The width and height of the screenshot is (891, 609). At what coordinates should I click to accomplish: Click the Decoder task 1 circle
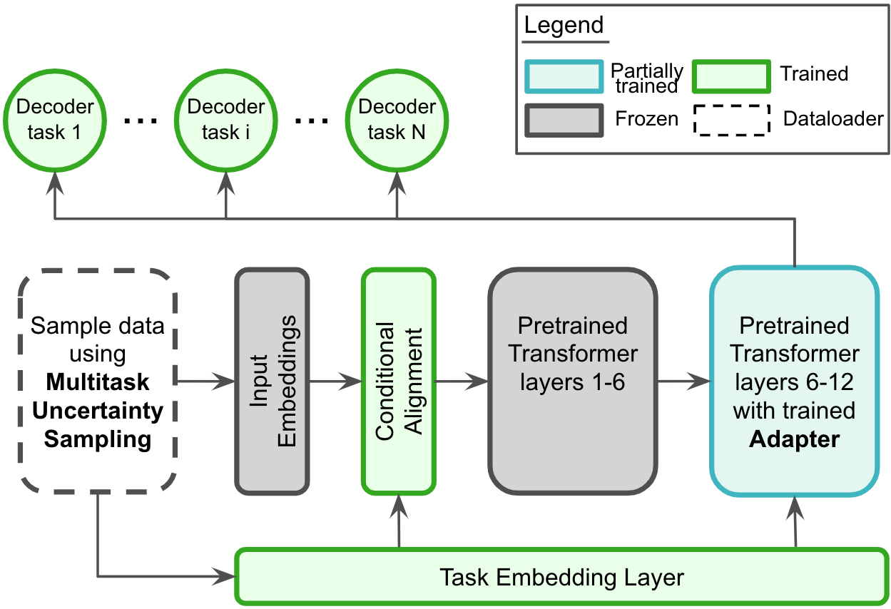click(x=55, y=119)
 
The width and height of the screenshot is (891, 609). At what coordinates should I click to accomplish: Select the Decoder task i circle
click(x=226, y=119)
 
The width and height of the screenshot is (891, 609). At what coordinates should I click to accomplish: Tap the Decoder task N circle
click(x=397, y=119)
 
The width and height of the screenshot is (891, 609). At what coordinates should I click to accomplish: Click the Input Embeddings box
click(x=272, y=382)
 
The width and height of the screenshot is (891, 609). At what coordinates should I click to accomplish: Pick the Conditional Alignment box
click(x=398, y=382)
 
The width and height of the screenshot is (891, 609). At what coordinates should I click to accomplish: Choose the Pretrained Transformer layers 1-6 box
click(x=573, y=382)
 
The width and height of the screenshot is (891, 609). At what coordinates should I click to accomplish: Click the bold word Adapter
click(x=794, y=439)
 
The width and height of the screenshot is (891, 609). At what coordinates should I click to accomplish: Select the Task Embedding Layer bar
click(x=561, y=576)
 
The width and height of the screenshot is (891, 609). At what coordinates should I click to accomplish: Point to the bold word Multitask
click(x=98, y=382)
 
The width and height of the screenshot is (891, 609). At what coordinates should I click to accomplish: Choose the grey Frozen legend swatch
click(x=564, y=120)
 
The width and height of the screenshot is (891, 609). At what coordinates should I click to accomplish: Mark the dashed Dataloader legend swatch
click(x=730, y=120)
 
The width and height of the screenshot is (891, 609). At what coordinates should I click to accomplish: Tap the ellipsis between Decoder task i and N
click(x=312, y=121)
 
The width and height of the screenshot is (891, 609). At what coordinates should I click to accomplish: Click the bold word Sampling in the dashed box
click(x=98, y=439)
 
